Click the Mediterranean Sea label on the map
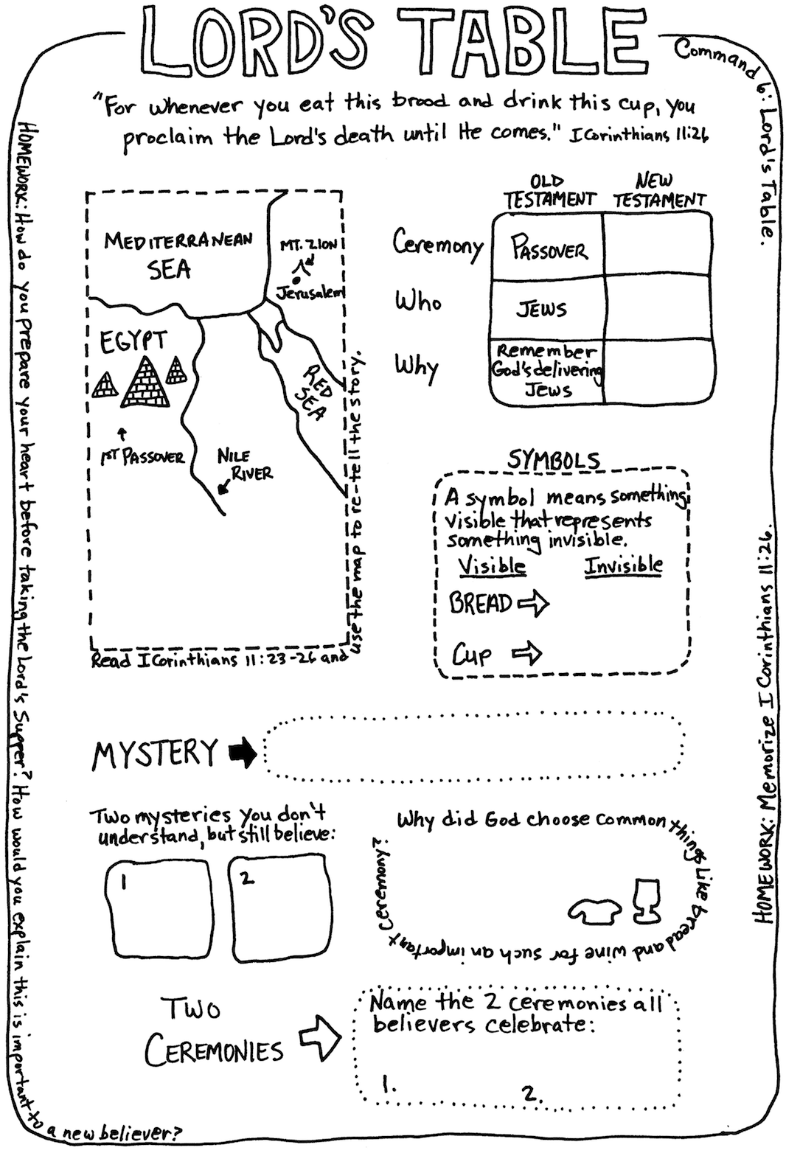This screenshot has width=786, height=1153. [x=178, y=255]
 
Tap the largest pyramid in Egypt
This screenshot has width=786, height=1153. [x=146, y=381]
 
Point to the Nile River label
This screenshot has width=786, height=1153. [x=244, y=464]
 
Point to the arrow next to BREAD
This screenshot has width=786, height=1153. [x=533, y=603]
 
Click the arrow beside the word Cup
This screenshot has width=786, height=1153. [x=526, y=653]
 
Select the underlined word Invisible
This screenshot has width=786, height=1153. [x=623, y=565]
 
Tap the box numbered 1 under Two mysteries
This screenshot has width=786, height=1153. [x=159, y=908]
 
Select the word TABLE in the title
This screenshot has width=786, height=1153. [x=514, y=42]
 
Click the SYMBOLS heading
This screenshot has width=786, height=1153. [x=554, y=460]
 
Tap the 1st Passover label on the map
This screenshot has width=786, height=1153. [x=142, y=456]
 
